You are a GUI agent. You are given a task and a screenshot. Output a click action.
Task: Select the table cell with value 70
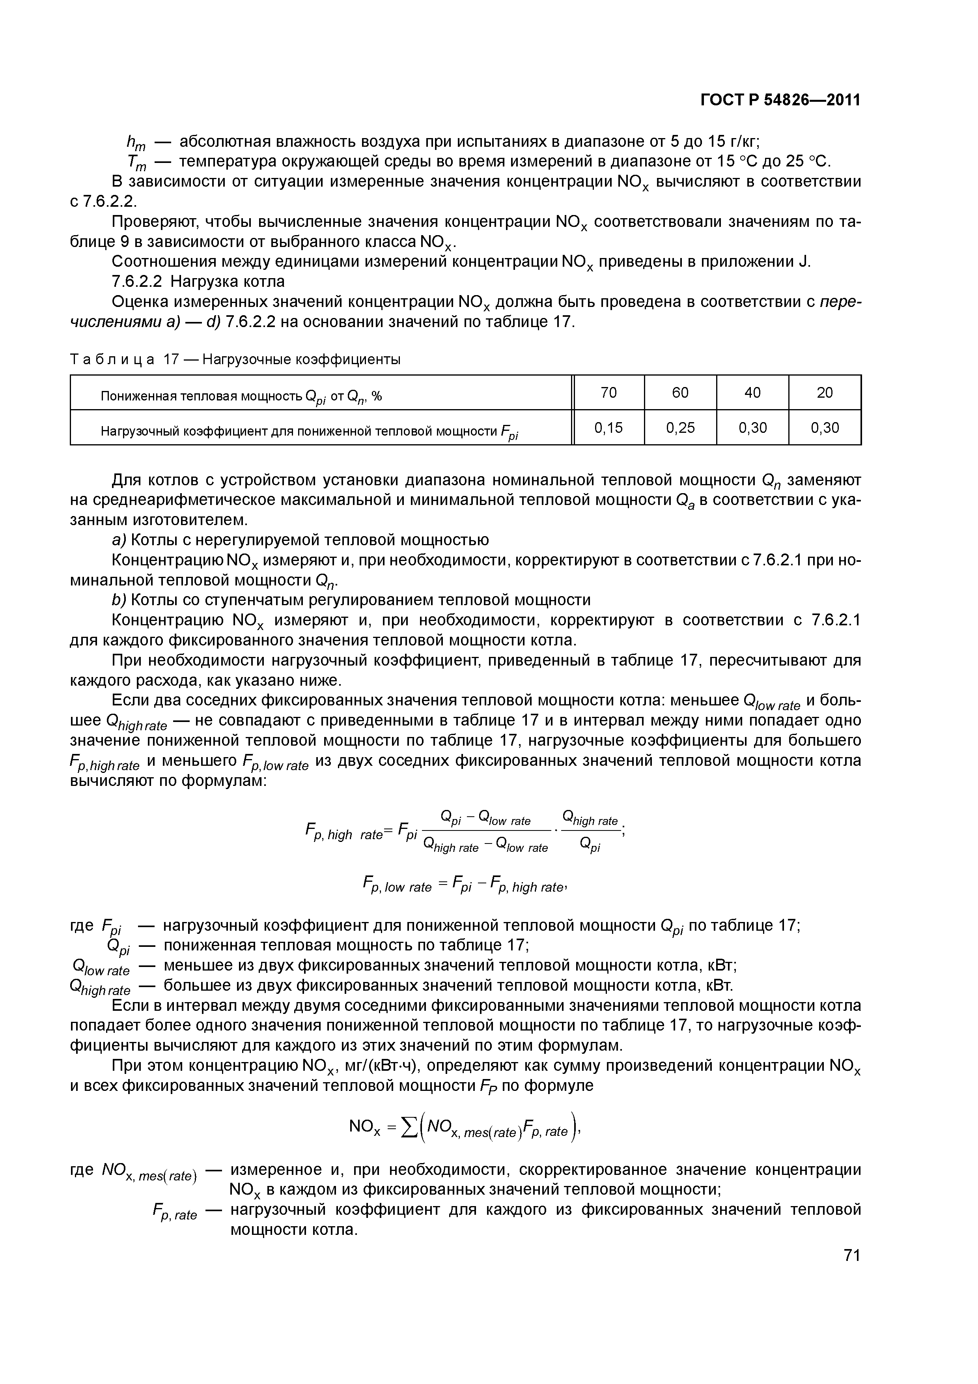(x=608, y=393)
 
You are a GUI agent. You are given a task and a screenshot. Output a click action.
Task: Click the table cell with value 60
(x=680, y=393)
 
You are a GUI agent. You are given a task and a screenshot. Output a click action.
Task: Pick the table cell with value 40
(x=753, y=393)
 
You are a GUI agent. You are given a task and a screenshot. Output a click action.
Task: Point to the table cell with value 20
(x=824, y=393)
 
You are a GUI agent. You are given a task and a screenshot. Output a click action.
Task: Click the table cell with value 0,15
(x=608, y=428)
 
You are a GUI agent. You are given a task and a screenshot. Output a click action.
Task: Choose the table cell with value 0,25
(x=680, y=428)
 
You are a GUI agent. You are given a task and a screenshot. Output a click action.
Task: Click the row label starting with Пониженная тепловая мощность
(x=241, y=396)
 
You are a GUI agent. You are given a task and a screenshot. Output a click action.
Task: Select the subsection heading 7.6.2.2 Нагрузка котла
(x=198, y=282)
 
